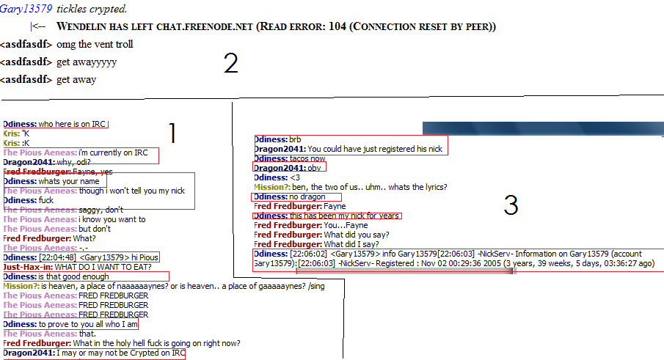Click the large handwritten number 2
[231, 64]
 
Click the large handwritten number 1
[172, 133]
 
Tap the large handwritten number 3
[511, 205]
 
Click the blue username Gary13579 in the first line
[26, 9]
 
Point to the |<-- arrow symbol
[37, 26]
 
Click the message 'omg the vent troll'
[95, 44]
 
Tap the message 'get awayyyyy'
[87, 62]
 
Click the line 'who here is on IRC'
[72, 124]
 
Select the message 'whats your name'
[69, 181]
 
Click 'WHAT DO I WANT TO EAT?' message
[103, 267]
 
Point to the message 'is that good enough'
[73, 276]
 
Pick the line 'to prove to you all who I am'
[88, 325]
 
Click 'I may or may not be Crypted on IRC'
[120, 353]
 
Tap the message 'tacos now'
[307, 158]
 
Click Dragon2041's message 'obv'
[314, 168]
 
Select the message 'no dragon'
[307, 196]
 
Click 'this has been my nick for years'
[344, 216]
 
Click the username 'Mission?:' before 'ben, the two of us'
[272, 187]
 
